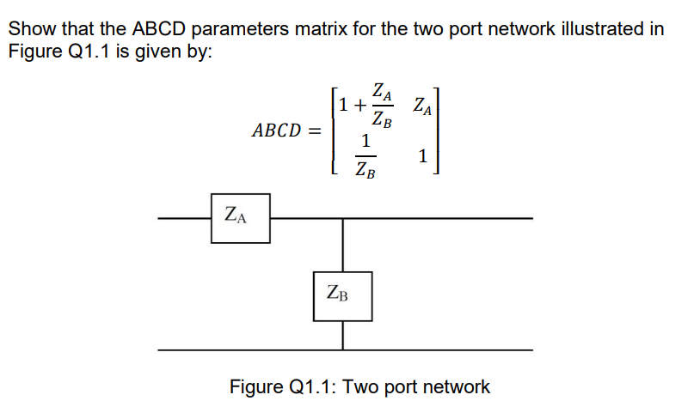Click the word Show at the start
click(x=31, y=28)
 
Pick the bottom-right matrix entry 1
click(x=421, y=156)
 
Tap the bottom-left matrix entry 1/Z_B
click(x=365, y=155)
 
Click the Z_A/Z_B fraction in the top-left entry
click(x=381, y=106)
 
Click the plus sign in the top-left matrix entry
click(x=358, y=106)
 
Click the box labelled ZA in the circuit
click(x=240, y=218)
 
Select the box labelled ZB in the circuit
click(x=342, y=296)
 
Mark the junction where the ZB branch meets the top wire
click(x=343, y=218)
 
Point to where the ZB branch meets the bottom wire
click(x=343, y=349)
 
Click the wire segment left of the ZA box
click(x=185, y=218)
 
